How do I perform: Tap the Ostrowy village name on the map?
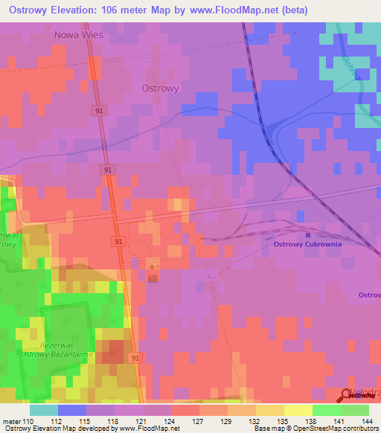[x=159, y=87]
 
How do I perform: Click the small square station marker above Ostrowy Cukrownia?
[x=307, y=234]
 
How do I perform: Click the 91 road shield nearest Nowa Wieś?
[x=100, y=110]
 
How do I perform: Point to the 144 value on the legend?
[x=368, y=422]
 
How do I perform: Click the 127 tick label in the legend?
[x=199, y=422]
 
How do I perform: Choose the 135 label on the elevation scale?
[x=284, y=422]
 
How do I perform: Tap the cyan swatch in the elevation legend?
[x=44, y=410]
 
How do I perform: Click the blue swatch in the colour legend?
[x=72, y=410]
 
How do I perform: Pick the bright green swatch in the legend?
[x=327, y=410]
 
